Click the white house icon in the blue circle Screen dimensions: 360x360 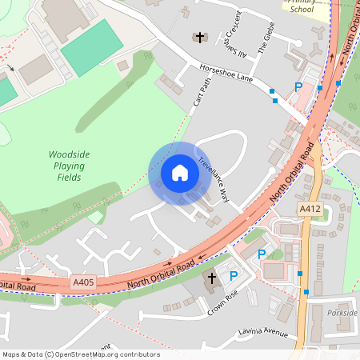point(180,172)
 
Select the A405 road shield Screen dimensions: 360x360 point(83,282)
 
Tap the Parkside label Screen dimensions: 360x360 point(342,313)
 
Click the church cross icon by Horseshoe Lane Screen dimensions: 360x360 point(199,38)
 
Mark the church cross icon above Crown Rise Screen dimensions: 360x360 point(213,278)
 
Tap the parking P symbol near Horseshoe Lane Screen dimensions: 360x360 point(299,87)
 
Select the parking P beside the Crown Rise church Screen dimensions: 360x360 point(234,276)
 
